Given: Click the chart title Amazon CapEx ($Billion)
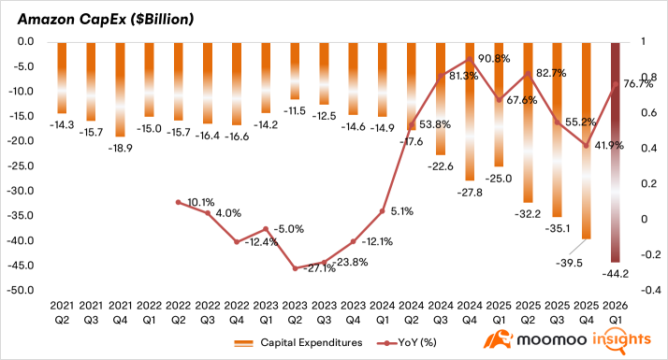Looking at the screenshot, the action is coord(105,20).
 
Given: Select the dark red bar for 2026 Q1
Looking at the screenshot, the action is coord(616,152).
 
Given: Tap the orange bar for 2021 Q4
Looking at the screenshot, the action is coord(120,90).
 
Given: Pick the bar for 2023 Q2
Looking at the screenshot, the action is coord(295,71).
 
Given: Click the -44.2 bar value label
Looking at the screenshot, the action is coord(616,274).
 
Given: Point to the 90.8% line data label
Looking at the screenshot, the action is coord(494,59).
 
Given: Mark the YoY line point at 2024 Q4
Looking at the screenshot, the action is coord(470,59).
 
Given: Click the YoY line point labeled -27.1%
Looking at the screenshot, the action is coord(295,268).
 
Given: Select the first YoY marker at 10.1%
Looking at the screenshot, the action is coord(178,202).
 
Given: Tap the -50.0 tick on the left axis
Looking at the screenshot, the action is coord(21,290).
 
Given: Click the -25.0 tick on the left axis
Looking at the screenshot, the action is coord(21,166).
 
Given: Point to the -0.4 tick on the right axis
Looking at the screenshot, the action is coord(650,290).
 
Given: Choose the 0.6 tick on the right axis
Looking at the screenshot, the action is coord(648,112).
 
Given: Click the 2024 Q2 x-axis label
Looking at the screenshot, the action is coord(412,312).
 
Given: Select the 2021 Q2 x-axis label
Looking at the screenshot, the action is coord(62,312).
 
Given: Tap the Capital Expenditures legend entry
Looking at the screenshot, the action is coord(298,342).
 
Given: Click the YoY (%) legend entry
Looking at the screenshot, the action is coord(406,342).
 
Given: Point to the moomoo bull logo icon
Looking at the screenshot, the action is coord(498,339).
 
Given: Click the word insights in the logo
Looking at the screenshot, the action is coord(621,340).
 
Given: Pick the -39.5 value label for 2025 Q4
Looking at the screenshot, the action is coord(569,264).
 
